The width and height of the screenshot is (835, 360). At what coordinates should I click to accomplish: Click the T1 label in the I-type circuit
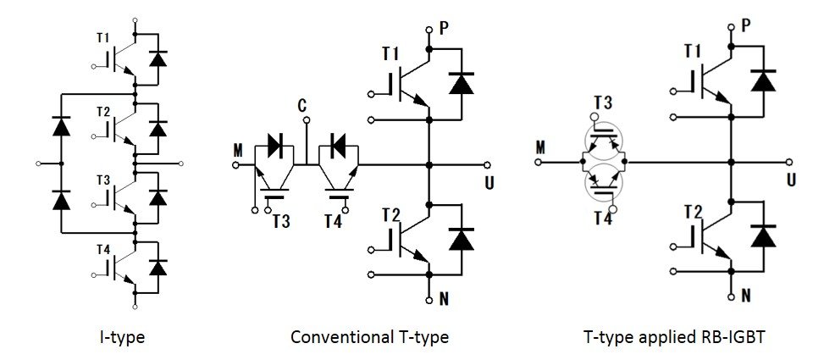pyautogui.click(x=102, y=38)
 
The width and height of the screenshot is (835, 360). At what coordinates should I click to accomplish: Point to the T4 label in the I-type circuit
pyautogui.click(x=103, y=249)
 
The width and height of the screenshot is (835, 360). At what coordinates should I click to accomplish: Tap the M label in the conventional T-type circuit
pyautogui.click(x=237, y=151)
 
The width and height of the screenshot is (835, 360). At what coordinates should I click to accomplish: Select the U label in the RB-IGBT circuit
pyautogui.click(x=791, y=180)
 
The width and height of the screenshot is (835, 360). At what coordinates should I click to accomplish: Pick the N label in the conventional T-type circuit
pyautogui.click(x=444, y=300)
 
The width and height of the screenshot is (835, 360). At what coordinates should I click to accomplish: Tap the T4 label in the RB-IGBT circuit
pyautogui.click(x=602, y=218)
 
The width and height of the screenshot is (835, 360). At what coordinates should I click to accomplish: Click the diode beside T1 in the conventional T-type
pyautogui.click(x=462, y=84)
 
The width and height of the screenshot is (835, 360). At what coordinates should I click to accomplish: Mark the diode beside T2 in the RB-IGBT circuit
pyautogui.click(x=762, y=235)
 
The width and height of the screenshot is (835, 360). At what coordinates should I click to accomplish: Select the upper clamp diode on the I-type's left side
pyautogui.click(x=62, y=127)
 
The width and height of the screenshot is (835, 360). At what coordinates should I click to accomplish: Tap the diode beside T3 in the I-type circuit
pyautogui.click(x=158, y=197)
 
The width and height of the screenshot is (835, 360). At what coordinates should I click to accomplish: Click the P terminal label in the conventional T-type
pyautogui.click(x=443, y=28)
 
